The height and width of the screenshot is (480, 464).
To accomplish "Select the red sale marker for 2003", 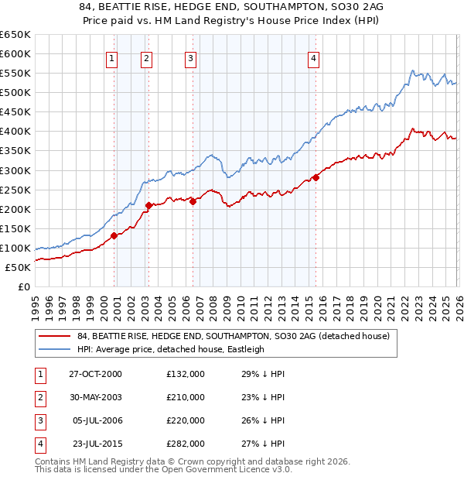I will pos(148,205).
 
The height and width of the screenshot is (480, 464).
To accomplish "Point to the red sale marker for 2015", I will pos(316,177).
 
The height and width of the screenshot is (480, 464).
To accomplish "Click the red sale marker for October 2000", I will pos(114,235).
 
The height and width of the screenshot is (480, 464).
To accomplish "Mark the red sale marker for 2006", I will pos(193,201).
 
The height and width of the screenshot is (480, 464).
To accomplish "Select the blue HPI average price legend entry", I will pos(171,349).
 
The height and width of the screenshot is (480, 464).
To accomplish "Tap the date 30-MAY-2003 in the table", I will pos(96,397).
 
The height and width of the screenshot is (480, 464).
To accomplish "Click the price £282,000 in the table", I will pos(186,444).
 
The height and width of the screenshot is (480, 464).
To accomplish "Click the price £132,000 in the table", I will pos(186,374).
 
